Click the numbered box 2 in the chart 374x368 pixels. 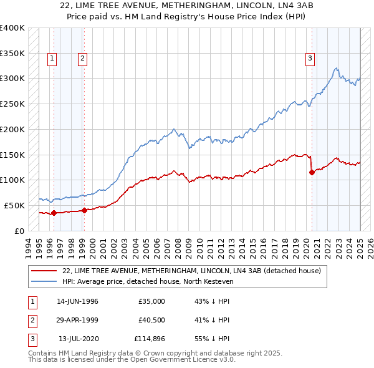(x=82, y=59)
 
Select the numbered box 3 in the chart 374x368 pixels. (x=310, y=59)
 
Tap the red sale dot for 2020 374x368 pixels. (x=312, y=172)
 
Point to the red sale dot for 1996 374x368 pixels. (x=54, y=213)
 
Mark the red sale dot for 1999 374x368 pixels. (x=84, y=210)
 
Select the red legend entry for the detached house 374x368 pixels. (x=191, y=271)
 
